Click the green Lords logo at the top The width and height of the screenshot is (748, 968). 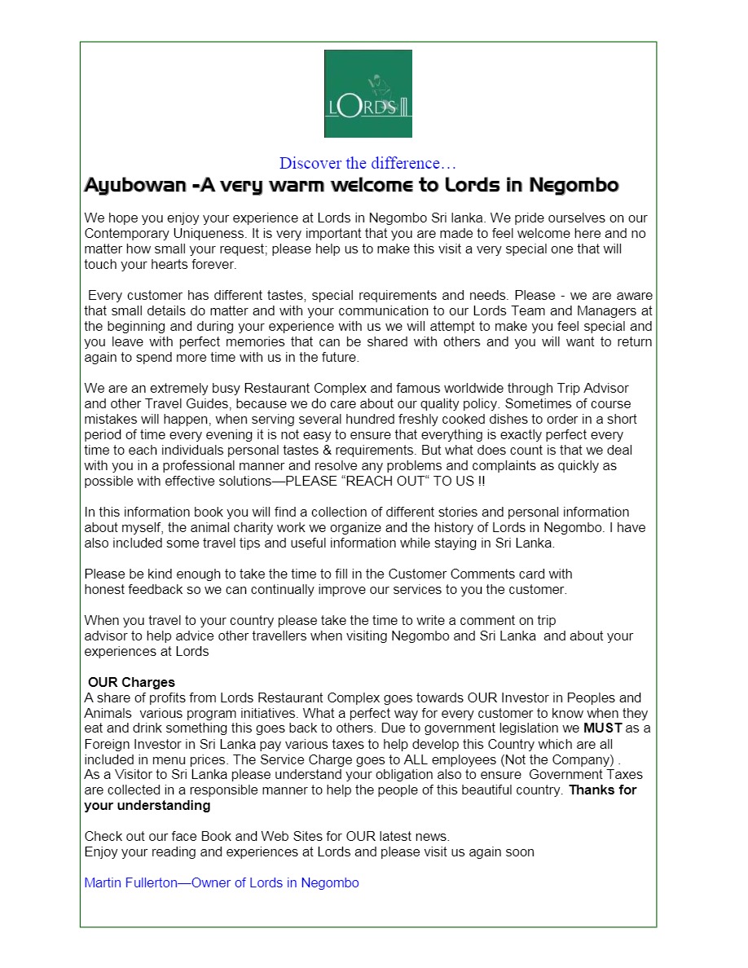(367, 94)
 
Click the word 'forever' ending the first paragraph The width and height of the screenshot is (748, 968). (214, 265)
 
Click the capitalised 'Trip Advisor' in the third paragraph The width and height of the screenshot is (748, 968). (594, 389)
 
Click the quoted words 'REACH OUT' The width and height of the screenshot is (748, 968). (387, 482)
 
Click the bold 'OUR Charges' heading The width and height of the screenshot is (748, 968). (131, 683)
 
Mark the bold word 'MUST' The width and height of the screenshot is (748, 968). (602, 728)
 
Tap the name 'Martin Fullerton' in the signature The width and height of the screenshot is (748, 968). (133, 883)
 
